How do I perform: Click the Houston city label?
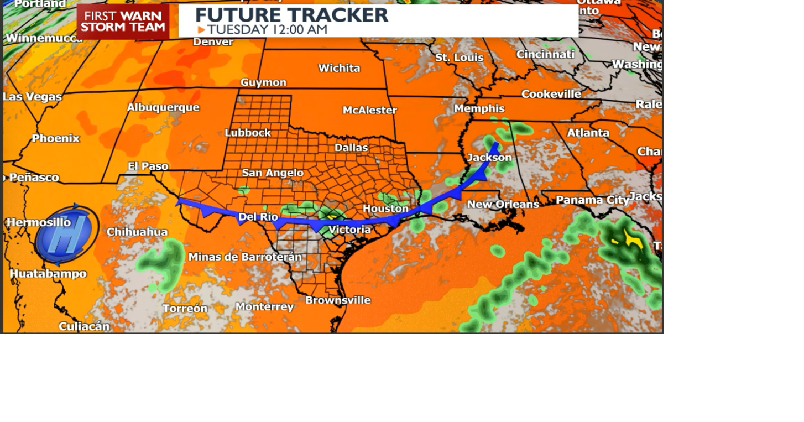(385, 209)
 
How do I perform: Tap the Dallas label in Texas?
(351, 148)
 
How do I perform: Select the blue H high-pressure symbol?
(66, 234)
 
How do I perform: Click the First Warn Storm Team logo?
(123, 22)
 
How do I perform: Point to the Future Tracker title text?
(292, 15)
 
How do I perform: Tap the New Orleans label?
(503, 205)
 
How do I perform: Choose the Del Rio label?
(258, 217)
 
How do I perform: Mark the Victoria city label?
(349, 230)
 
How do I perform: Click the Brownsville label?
(338, 300)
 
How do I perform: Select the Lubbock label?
(248, 133)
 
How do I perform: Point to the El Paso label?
(148, 166)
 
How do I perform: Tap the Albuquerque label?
(163, 107)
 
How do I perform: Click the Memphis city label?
(479, 108)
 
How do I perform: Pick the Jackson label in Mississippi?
(489, 158)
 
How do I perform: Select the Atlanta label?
(588, 133)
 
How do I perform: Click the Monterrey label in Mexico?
(264, 306)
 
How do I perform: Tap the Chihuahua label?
(137, 232)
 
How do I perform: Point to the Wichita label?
(339, 68)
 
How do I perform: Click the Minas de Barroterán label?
(245, 257)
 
